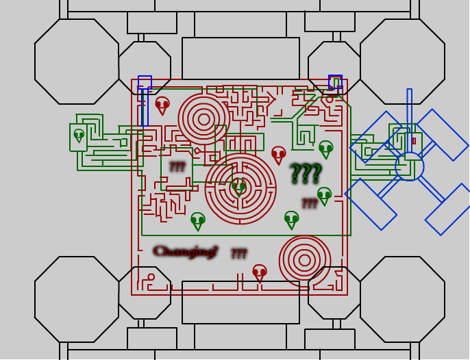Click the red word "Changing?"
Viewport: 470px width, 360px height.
point(185,251)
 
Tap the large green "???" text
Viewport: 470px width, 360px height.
point(305,174)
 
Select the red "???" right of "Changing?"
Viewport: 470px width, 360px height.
point(238,254)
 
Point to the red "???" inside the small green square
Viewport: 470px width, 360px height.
point(177,166)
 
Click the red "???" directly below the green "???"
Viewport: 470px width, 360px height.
point(309,203)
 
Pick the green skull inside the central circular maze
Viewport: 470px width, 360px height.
point(238,186)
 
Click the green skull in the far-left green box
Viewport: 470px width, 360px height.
point(79,135)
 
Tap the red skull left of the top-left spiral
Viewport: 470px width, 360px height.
point(162,105)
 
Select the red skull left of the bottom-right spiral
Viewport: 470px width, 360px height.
point(259,272)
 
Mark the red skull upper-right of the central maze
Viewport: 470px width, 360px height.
point(278,154)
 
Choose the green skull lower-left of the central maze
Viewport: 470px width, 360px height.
point(197,220)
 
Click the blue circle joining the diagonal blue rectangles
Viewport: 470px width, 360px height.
point(410,166)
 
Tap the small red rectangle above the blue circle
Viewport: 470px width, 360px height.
point(414,141)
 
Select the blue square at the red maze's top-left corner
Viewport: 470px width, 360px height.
point(145,82)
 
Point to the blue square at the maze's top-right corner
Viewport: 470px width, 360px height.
point(335,81)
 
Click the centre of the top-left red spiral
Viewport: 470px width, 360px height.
point(203,119)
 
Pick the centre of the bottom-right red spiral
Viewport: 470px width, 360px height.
point(304,260)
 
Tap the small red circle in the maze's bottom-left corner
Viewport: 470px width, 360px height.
point(151,277)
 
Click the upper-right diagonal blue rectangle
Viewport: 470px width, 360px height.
point(442,135)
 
